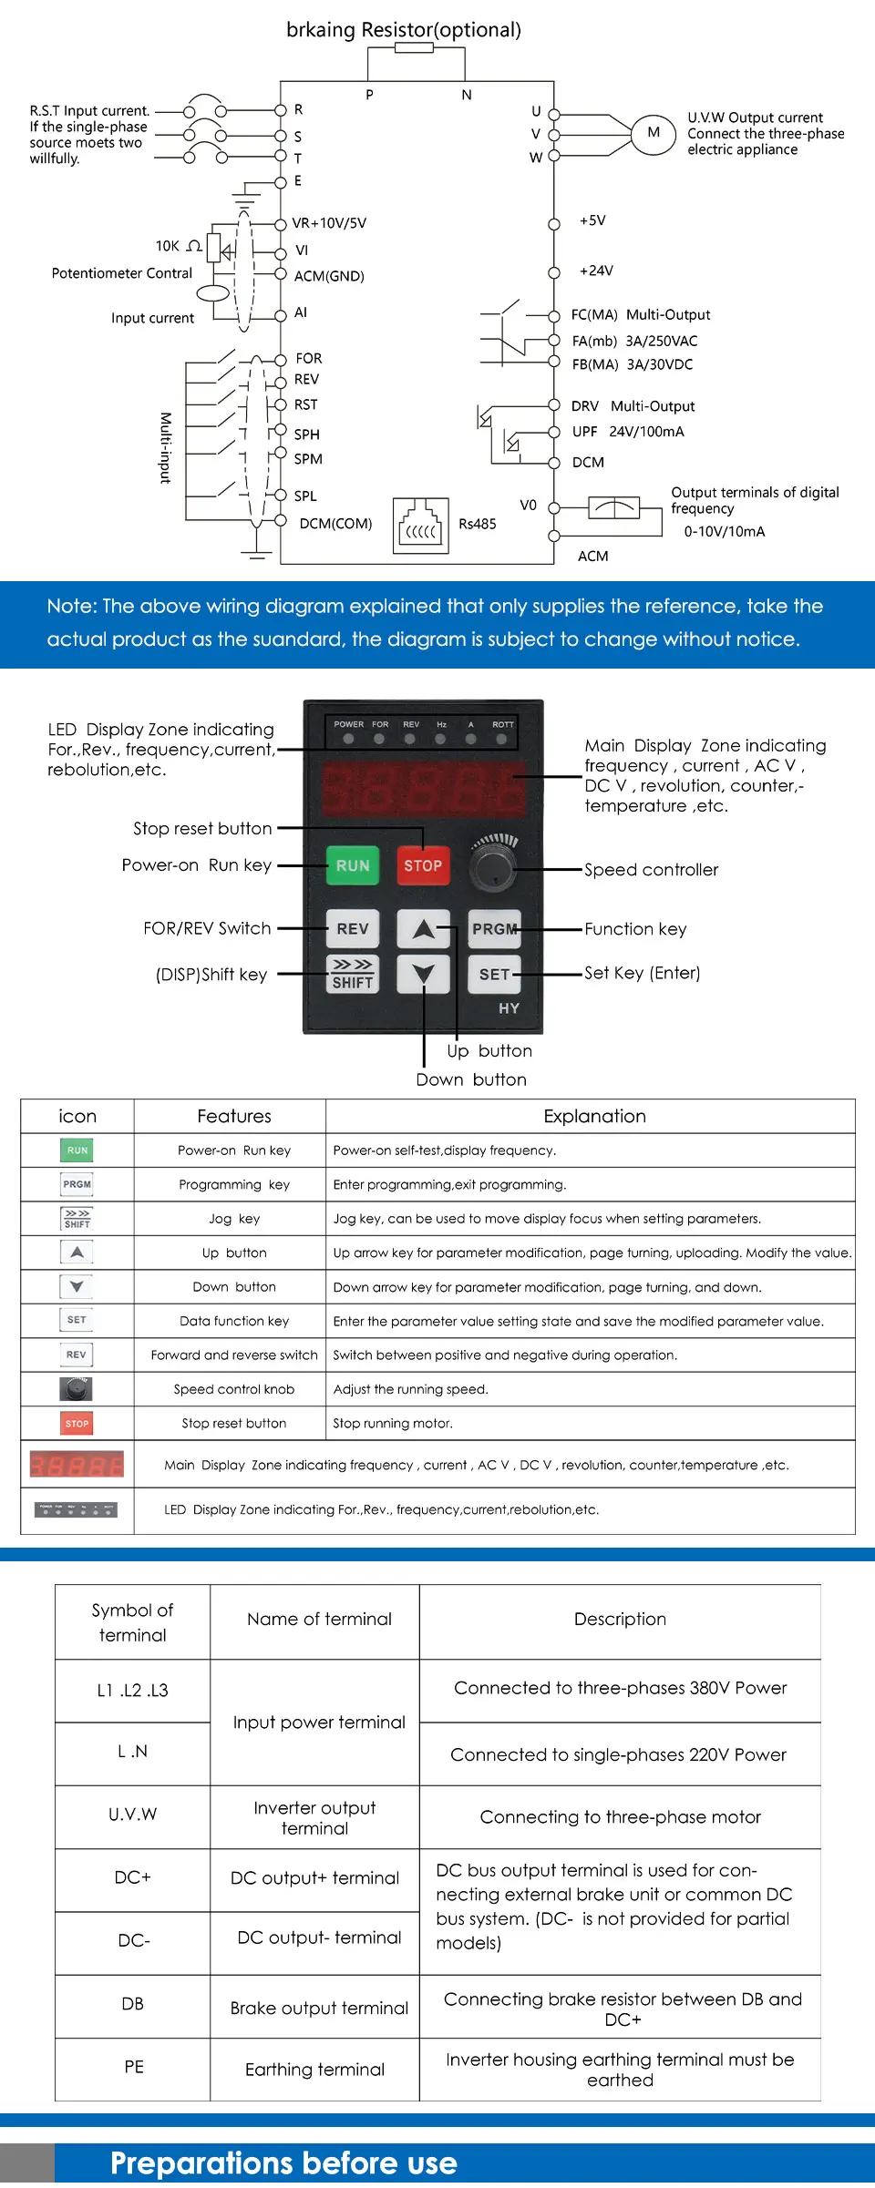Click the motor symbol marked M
(654, 133)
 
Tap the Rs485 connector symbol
(421, 527)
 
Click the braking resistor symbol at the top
(415, 47)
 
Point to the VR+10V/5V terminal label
(329, 223)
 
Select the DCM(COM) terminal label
(335, 524)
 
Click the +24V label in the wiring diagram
(596, 271)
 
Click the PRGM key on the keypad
(494, 929)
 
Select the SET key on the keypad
(494, 974)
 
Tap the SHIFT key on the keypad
(352, 974)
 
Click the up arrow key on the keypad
(423, 929)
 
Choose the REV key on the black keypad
(352, 929)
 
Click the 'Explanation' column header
(594, 1116)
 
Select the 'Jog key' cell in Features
(234, 1219)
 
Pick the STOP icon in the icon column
(77, 1424)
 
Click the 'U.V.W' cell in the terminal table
(133, 1815)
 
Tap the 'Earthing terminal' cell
(314, 2070)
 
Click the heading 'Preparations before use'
(283, 2163)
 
